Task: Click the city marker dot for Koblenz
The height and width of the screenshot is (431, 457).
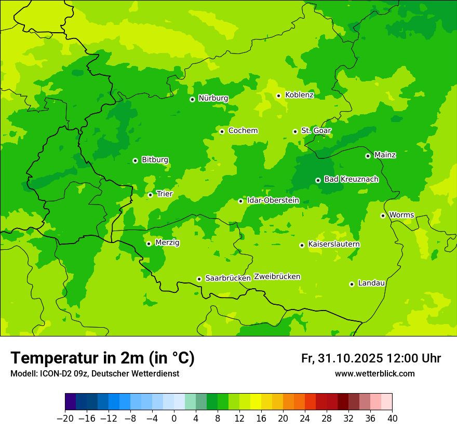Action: coord(279,96)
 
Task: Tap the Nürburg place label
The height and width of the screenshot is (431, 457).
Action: coord(213,98)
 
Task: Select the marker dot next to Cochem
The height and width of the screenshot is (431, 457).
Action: coord(222,131)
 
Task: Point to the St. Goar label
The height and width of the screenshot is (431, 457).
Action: coord(316,131)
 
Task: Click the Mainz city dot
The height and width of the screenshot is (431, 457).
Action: coord(368,156)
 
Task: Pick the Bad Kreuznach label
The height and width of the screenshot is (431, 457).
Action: coord(351,180)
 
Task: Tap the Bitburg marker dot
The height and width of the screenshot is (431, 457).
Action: coord(135,160)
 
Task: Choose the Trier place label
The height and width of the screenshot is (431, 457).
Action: coord(165,194)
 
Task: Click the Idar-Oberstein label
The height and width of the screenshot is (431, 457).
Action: coord(273,200)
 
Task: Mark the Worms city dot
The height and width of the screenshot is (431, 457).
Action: coord(383,216)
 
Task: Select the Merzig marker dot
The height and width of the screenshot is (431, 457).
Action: coord(149,244)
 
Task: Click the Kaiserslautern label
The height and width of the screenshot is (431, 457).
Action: coord(334,245)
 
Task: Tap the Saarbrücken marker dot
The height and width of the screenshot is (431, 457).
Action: coord(199,279)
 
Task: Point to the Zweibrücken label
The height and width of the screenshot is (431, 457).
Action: coord(277,277)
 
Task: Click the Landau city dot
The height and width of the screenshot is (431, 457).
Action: coord(352,284)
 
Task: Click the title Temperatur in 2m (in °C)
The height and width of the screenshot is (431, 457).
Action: coord(102,358)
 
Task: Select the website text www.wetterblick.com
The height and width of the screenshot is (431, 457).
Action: coord(374,374)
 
